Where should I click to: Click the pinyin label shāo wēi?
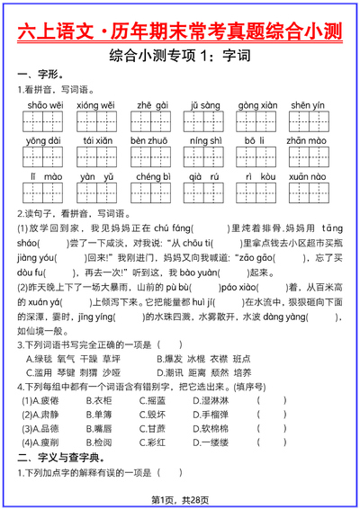coord(44,105)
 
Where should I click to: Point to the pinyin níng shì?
coord(205,141)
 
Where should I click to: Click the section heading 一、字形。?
coord(40,74)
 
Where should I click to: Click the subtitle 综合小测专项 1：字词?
coord(180,57)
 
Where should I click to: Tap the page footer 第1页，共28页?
coord(180,500)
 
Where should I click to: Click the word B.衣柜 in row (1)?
coord(99,400)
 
